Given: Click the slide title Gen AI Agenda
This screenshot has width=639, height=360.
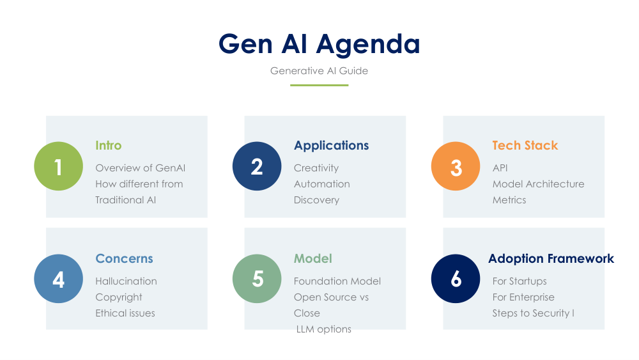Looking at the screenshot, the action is [319, 44].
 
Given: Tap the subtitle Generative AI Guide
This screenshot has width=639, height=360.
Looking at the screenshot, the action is [319, 70].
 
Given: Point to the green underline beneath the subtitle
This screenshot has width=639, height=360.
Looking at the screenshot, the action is [319, 85].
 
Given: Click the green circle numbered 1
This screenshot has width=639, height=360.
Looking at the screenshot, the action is [58, 166].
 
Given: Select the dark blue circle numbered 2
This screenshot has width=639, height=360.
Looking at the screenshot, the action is [257, 166].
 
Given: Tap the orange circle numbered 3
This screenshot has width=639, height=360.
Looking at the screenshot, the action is [456, 166].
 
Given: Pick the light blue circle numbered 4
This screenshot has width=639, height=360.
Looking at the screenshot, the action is [58, 278].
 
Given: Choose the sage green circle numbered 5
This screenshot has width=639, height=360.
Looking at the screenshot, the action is [257, 278].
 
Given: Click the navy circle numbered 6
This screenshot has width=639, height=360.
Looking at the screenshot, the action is [456, 278].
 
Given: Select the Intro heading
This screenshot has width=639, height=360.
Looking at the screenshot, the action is [109, 145].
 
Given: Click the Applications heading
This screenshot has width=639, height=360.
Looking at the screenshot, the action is [331, 146].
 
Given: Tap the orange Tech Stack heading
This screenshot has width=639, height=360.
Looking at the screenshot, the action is [525, 145].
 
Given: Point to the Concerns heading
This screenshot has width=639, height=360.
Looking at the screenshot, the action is [125, 258].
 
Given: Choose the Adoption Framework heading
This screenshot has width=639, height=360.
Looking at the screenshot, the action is [551, 258].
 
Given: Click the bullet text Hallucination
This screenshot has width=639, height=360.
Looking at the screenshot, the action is [126, 281].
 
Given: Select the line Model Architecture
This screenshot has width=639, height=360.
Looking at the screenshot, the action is [538, 184].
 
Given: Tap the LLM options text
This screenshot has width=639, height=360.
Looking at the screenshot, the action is [323, 329].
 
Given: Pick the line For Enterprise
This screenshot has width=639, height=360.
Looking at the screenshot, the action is [523, 297].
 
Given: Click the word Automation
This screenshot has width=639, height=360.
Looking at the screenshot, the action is [322, 184].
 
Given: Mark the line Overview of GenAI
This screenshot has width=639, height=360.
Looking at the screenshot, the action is [140, 168].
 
